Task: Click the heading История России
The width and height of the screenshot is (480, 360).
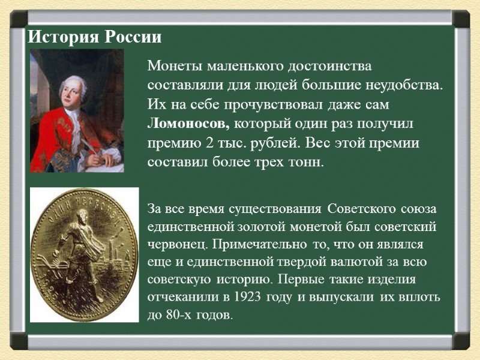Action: (95, 37)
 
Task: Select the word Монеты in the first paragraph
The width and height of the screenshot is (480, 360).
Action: (170, 65)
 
